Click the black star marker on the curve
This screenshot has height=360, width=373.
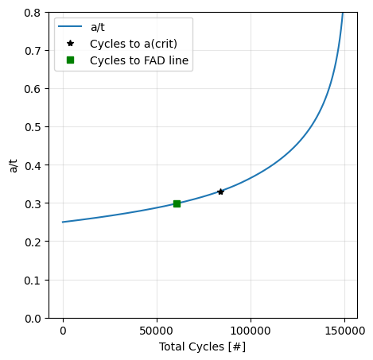pos(220,192)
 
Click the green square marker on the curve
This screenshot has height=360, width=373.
pos(177,203)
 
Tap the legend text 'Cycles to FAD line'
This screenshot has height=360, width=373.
pos(140,60)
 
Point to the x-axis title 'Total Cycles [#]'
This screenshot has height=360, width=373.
pos(201,346)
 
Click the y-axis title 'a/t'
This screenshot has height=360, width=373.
pos(13,165)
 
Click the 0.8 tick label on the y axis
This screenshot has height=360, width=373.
pos(33,13)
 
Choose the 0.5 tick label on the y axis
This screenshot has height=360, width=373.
pos(33,127)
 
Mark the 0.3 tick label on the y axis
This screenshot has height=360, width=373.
pos(33,203)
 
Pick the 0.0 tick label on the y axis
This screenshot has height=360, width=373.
pos(33,318)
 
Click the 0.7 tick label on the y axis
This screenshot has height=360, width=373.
pos(33,51)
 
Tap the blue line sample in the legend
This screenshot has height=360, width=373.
pos(71,27)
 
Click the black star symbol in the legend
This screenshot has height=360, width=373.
pos(71,44)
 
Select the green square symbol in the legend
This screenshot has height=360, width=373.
pos(71,60)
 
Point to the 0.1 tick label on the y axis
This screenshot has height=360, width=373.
pos(33,280)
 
